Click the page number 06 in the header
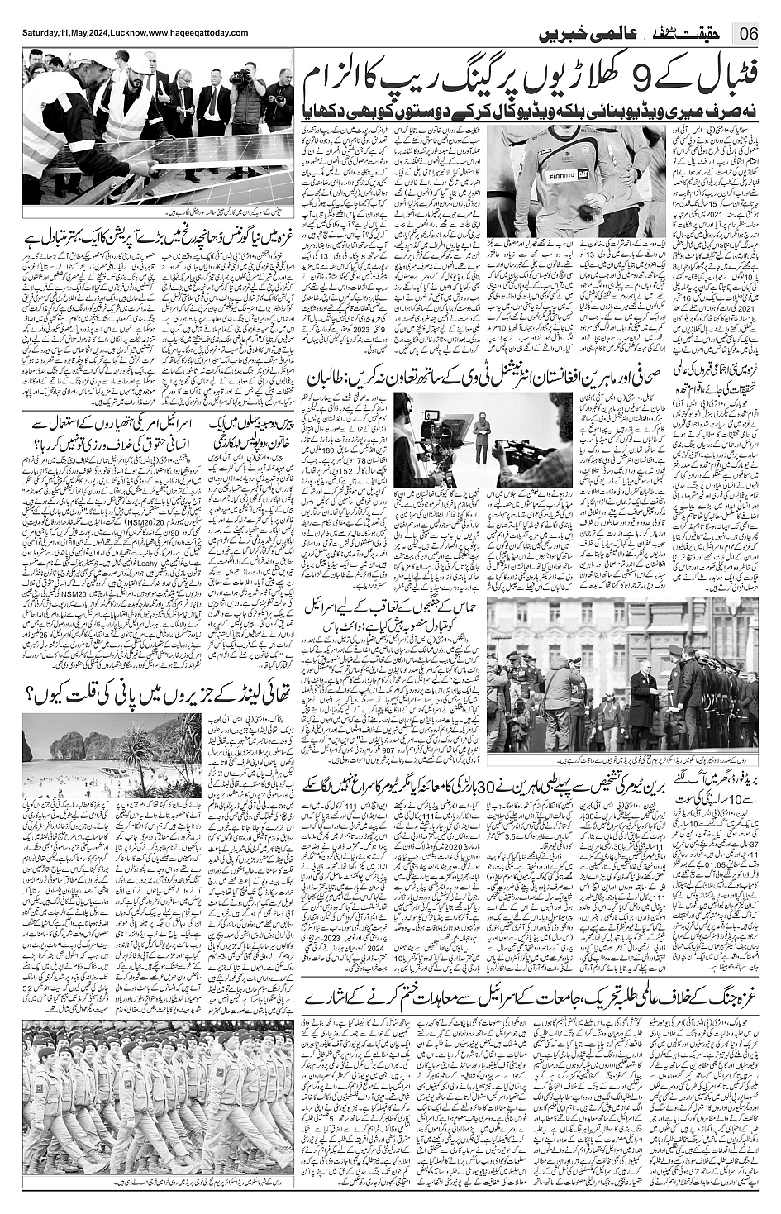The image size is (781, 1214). pos(750,33)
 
